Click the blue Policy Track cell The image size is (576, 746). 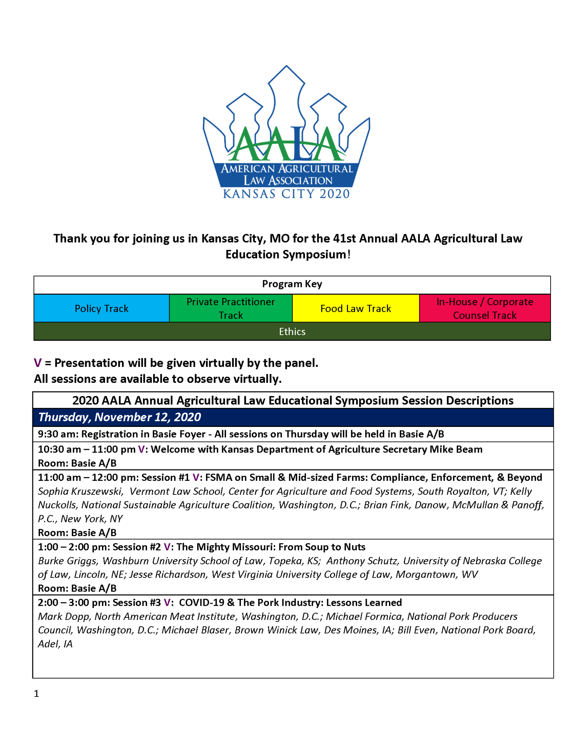102,309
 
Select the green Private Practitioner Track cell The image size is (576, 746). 231,309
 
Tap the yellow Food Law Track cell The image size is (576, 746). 355,309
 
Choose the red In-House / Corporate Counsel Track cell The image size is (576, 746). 485,309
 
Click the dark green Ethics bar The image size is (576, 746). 292,331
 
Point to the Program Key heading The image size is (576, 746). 292,284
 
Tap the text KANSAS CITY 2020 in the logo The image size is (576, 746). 286,193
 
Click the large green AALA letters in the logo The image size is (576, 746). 286,144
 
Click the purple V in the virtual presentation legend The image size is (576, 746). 37,363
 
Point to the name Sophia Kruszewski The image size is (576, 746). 80,491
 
